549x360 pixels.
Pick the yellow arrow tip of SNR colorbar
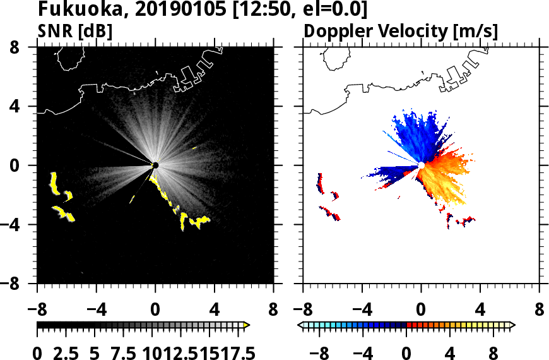(247, 325)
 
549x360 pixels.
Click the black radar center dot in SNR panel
(155, 165)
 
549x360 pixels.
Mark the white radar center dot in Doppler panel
(421, 165)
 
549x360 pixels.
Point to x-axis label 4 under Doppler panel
(480, 310)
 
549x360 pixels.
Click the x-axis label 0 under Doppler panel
(421, 310)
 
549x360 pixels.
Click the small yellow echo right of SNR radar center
(194, 148)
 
